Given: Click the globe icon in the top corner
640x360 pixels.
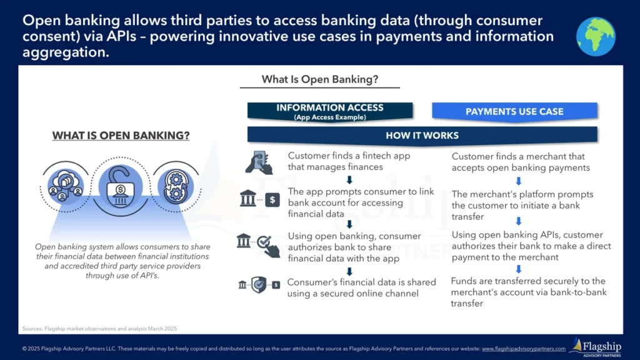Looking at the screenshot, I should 596,36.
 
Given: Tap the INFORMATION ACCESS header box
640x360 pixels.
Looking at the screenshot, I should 329,111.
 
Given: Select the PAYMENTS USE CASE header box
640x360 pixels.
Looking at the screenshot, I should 514,112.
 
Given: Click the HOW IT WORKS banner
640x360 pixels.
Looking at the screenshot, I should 422,135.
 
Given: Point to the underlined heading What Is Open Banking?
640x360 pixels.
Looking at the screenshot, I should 320,79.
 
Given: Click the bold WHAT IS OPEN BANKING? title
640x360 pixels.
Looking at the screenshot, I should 121,136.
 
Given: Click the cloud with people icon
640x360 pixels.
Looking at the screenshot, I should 66,184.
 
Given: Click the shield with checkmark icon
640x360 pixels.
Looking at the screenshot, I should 259,285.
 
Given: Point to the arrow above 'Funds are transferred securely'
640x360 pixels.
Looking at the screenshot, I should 518,269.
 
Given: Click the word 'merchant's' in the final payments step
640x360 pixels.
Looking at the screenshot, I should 475,292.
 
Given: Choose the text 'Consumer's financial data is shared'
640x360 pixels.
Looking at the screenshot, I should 361,282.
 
